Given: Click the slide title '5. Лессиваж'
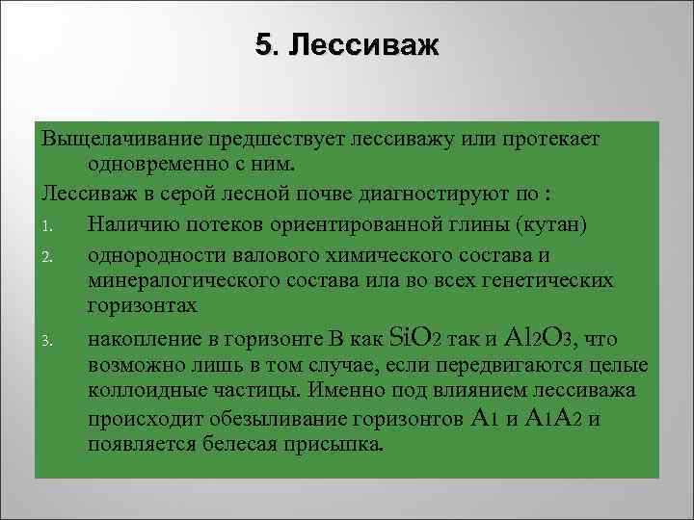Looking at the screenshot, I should click(x=346, y=45).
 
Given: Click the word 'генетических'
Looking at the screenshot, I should click(x=555, y=280).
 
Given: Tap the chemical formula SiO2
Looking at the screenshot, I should click(x=414, y=338).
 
